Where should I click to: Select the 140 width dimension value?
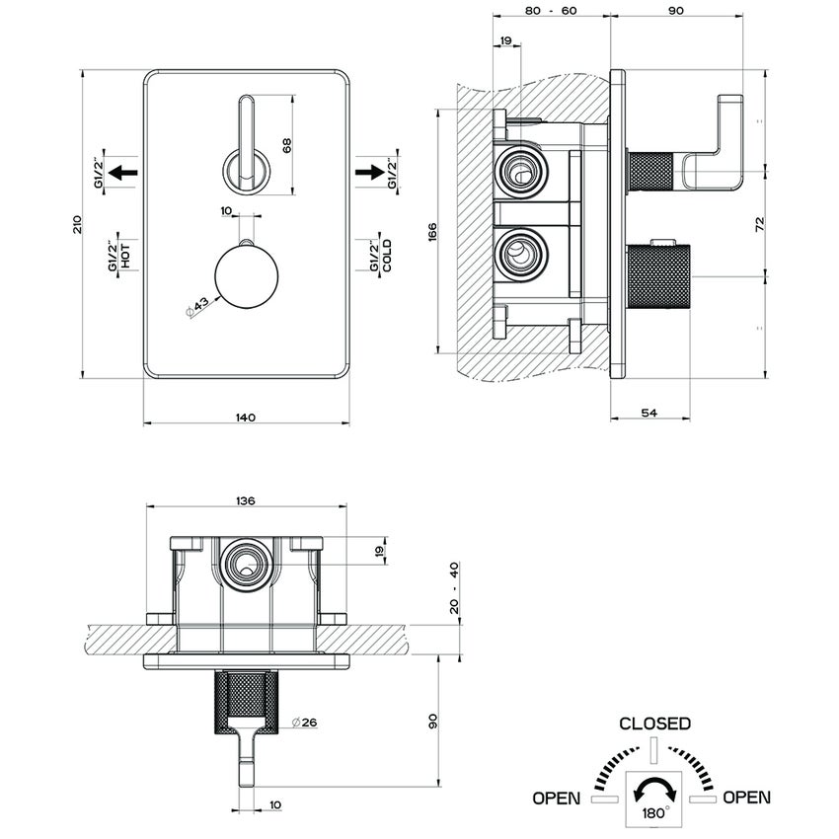coord(246,417)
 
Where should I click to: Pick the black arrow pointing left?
coord(122,173)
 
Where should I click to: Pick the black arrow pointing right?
coord(369,173)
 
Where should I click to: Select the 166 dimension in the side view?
coord(432,233)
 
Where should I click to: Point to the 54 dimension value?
coord(649,413)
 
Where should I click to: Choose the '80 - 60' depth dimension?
coord(552,11)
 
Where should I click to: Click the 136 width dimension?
coord(246,500)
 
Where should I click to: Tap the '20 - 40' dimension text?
coord(454,589)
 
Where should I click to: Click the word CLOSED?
coord(654,724)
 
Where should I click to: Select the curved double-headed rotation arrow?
coord(654,789)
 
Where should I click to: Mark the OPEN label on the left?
coord(557,797)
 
